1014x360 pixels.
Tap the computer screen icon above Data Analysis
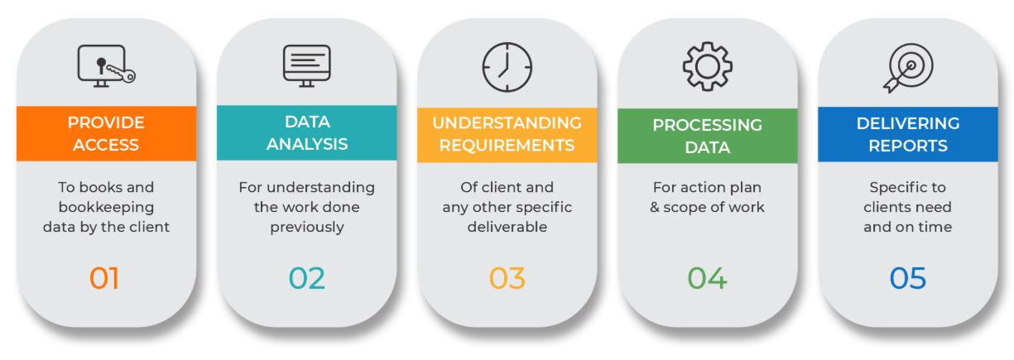pos(306,65)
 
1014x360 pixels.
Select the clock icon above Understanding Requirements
pos(507,65)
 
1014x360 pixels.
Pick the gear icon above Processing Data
pos(707,65)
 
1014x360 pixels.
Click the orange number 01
pos(105,278)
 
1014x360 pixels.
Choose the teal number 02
pos(306,278)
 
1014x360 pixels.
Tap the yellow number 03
pos(507,278)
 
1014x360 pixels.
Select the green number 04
pos(707,278)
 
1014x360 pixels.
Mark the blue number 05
pos(907,278)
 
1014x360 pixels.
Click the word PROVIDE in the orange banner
pos(106,122)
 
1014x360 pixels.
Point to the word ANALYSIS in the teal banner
pos(306,144)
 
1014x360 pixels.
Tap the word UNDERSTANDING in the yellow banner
pos(507,122)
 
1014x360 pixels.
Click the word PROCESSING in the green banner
pos(707,125)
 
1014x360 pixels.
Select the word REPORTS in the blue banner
pos(907,145)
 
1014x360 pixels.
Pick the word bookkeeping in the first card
pos(106,207)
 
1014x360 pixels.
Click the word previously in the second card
pos(306,227)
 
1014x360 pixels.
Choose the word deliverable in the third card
pos(507,227)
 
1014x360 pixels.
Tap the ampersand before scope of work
pos(655,207)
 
